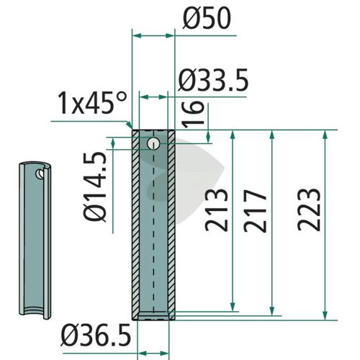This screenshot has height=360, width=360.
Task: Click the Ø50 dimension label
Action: [x=207, y=18]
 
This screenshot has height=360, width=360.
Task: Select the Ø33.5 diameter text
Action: [x=213, y=80]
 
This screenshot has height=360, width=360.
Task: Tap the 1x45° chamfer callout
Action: [x=92, y=103]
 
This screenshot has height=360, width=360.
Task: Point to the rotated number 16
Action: [x=193, y=113]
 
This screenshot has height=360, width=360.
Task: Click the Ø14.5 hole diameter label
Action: [x=95, y=186]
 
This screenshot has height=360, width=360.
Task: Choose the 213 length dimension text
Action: [x=216, y=210]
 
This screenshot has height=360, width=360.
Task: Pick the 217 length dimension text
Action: [x=255, y=211]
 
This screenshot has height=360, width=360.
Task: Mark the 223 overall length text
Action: [x=309, y=210]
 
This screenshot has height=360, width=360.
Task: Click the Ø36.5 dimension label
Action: [x=96, y=335]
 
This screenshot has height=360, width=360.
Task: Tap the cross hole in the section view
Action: [x=153, y=144]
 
